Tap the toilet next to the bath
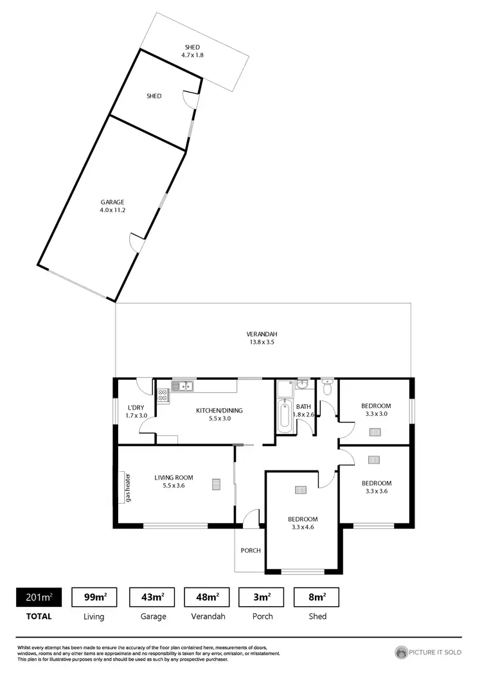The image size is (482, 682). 327,388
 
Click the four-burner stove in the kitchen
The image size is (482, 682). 163,396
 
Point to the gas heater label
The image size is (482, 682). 129,488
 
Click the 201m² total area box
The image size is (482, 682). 39,597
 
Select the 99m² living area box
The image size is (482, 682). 95,597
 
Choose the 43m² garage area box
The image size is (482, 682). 153,597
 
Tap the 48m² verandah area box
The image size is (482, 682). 208,597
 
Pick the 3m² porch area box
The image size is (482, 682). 262,597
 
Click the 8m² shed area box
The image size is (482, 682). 317,597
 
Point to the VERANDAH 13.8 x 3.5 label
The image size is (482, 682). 262,338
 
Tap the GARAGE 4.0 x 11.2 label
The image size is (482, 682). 112,206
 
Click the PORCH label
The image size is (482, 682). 250,550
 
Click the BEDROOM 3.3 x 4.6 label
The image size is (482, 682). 302,523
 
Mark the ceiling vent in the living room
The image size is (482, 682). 217,484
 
